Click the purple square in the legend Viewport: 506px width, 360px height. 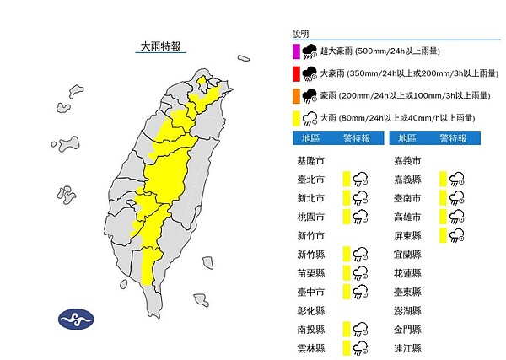click(x=296, y=51)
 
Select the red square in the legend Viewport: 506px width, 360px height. click(x=296, y=73)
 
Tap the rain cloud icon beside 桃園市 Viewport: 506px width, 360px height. click(x=361, y=216)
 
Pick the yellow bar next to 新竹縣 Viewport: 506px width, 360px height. click(x=347, y=254)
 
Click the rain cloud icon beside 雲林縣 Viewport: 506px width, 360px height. click(x=361, y=348)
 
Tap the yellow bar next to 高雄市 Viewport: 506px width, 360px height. click(x=443, y=216)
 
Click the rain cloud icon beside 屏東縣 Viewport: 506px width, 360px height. click(x=457, y=234)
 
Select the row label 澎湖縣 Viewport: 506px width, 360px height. click(x=407, y=310)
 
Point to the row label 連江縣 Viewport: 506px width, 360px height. click(x=407, y=348)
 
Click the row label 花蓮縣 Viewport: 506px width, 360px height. click(x=407, y=272)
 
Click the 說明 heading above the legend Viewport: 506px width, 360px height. click(x=301, y=33)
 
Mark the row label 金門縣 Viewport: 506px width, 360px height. click(x=407, y=330)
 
